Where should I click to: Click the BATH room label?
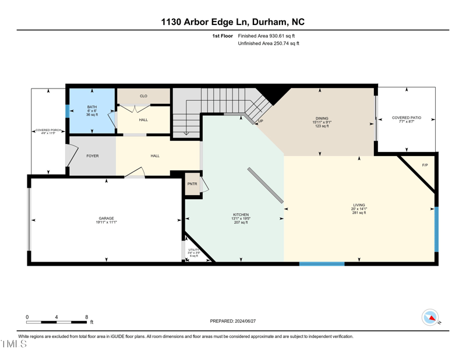[92, 107]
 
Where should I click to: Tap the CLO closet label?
[143, 96]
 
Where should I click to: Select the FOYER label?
[93, 156]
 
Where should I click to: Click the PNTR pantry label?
[192, 184]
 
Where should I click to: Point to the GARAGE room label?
[106, 218]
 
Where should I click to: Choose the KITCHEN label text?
[241, 214]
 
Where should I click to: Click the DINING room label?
[322, 118]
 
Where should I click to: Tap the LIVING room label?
[359, 205]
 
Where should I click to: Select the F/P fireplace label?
[425, 165]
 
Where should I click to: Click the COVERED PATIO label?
[405, 118]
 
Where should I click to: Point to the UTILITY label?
[193, 249]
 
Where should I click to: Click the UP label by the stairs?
[260, 121]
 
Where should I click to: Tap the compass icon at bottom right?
[430, 317]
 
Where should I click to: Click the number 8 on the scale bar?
[86, 317]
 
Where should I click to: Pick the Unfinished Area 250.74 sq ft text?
[269, 44]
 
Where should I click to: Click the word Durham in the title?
[271, 22]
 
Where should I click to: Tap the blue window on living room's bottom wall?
[322, 264]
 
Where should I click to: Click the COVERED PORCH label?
[48, 131]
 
